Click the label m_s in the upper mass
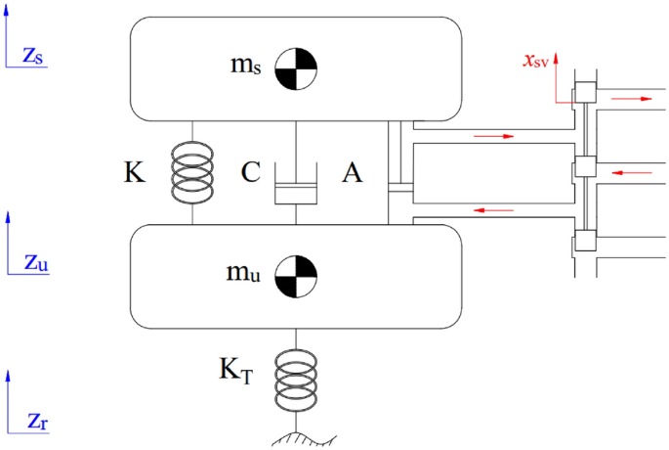[x=245, y=67]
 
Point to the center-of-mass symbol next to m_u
[x=295, y=274]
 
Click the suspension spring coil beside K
[x=191, y=174]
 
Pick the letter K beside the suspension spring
[x=135, y=174]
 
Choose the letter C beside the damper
[x=250, y=174]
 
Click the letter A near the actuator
[x=353, y=174]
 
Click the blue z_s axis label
[x=32, y=56]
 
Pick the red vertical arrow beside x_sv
[x=556, y=78]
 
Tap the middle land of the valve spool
[x=582, y=167]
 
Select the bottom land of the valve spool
[x=582, y=240]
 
